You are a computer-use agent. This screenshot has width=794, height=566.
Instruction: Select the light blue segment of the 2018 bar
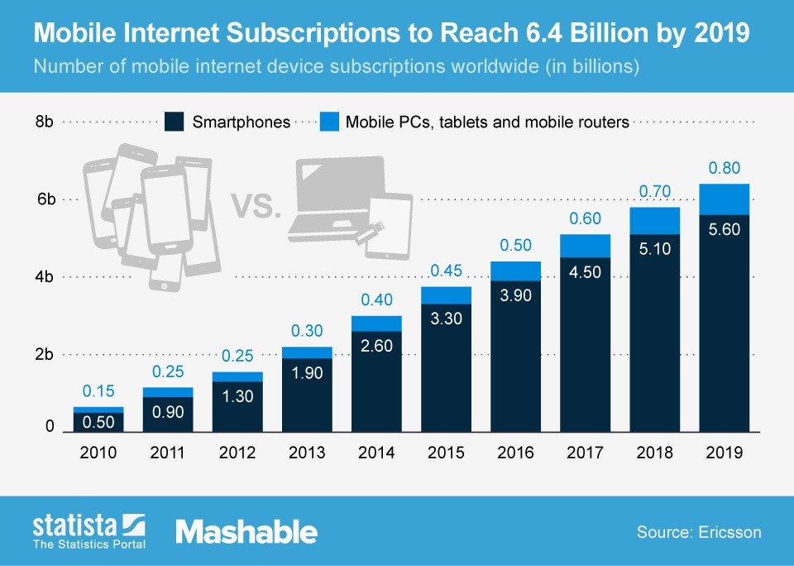(655, 221)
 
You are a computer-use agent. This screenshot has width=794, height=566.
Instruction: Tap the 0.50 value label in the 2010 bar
(98, 420)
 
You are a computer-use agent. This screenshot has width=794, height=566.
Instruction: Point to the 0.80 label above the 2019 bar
(725, 169)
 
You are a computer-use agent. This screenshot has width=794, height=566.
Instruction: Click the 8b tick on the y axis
(45, 122)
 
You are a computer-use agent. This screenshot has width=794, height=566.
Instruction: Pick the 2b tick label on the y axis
(45, 354)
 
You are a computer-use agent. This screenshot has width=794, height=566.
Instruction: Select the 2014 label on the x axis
(376, 453)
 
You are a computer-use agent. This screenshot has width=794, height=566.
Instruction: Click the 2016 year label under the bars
(515, 453)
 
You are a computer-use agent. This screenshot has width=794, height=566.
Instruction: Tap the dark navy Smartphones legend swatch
(174, 122)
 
